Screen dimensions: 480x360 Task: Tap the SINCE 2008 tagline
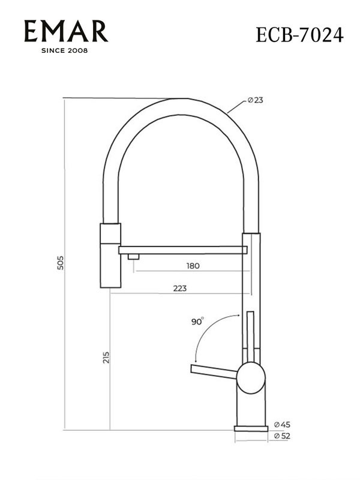coord(64,50)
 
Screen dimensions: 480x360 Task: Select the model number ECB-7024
coord(299,35)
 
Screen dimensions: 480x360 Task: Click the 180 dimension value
coord(193,265)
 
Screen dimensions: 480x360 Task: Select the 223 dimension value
coord(179,288)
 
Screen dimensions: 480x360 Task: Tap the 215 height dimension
coord(106,358)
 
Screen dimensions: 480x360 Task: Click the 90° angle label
coord(197,322)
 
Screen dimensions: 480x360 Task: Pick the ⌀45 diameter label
coord(281,424)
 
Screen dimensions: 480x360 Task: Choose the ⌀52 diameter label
coord(281,436)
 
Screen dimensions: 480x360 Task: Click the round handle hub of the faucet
coord(250,378)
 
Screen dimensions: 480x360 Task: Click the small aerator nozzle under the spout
coord(133,257)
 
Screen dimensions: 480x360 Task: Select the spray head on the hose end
coord(110,255)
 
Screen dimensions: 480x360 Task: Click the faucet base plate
coord(250,428)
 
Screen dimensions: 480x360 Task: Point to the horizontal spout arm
coord(180,249)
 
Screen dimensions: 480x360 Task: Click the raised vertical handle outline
coord(250,336)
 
